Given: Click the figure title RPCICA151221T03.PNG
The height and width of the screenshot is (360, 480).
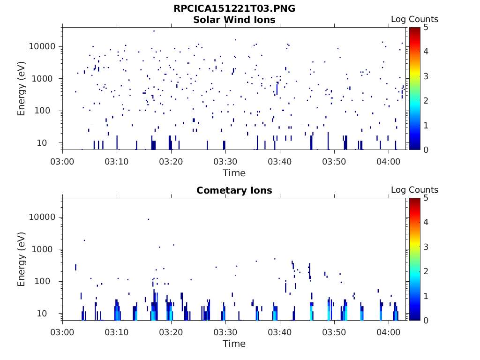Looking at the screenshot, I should click(x=234, y=8).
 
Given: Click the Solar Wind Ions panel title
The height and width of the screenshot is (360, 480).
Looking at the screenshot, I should click(x=234, y=20).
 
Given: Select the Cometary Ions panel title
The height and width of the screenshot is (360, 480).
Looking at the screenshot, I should click(x=234, y=190).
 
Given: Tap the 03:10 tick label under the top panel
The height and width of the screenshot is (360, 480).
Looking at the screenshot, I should click(x=117, y=161).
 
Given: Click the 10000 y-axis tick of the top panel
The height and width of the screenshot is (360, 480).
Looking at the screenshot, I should click(x=42, y=46).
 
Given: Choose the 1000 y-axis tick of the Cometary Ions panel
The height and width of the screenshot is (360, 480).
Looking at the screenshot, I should click(x=45, y=249).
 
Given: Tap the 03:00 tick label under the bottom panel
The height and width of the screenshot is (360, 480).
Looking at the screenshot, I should click(x=63, y=332).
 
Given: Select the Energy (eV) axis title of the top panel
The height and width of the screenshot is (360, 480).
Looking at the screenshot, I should click(x=22, y=89).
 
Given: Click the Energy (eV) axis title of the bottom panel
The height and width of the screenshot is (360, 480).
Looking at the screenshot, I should click(x=22, y=259).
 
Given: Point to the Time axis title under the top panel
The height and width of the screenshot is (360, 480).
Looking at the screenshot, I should click(x=234, y=173).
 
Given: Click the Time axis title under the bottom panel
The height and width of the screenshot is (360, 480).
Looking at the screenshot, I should click(x=234, y=344).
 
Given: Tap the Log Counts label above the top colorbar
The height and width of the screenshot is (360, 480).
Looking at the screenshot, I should click(x=414, y=19).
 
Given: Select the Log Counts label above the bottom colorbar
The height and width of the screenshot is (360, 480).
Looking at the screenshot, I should click(x=414, y=190).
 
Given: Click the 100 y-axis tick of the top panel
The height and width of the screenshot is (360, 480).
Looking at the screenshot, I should click(x=47, y=111).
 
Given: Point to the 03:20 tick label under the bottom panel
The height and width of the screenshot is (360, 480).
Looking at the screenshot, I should click(x=172, y=332).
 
